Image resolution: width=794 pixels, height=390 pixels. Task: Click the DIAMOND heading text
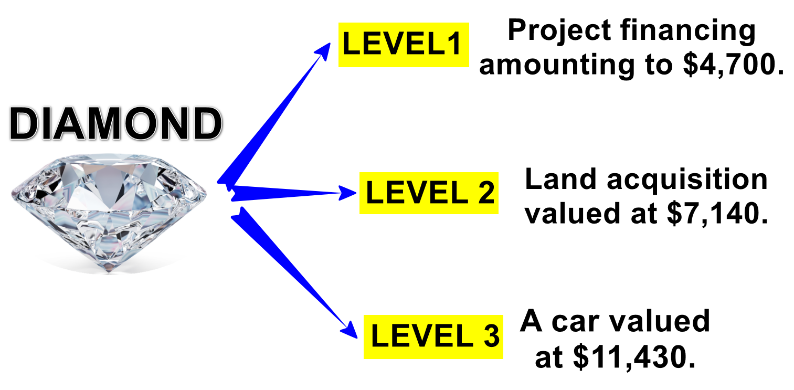116,125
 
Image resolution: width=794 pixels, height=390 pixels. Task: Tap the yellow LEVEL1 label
403,45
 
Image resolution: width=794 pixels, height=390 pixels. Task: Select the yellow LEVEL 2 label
429,193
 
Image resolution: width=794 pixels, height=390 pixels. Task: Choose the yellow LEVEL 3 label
433,336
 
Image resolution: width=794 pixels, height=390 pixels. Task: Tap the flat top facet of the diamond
109,160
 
